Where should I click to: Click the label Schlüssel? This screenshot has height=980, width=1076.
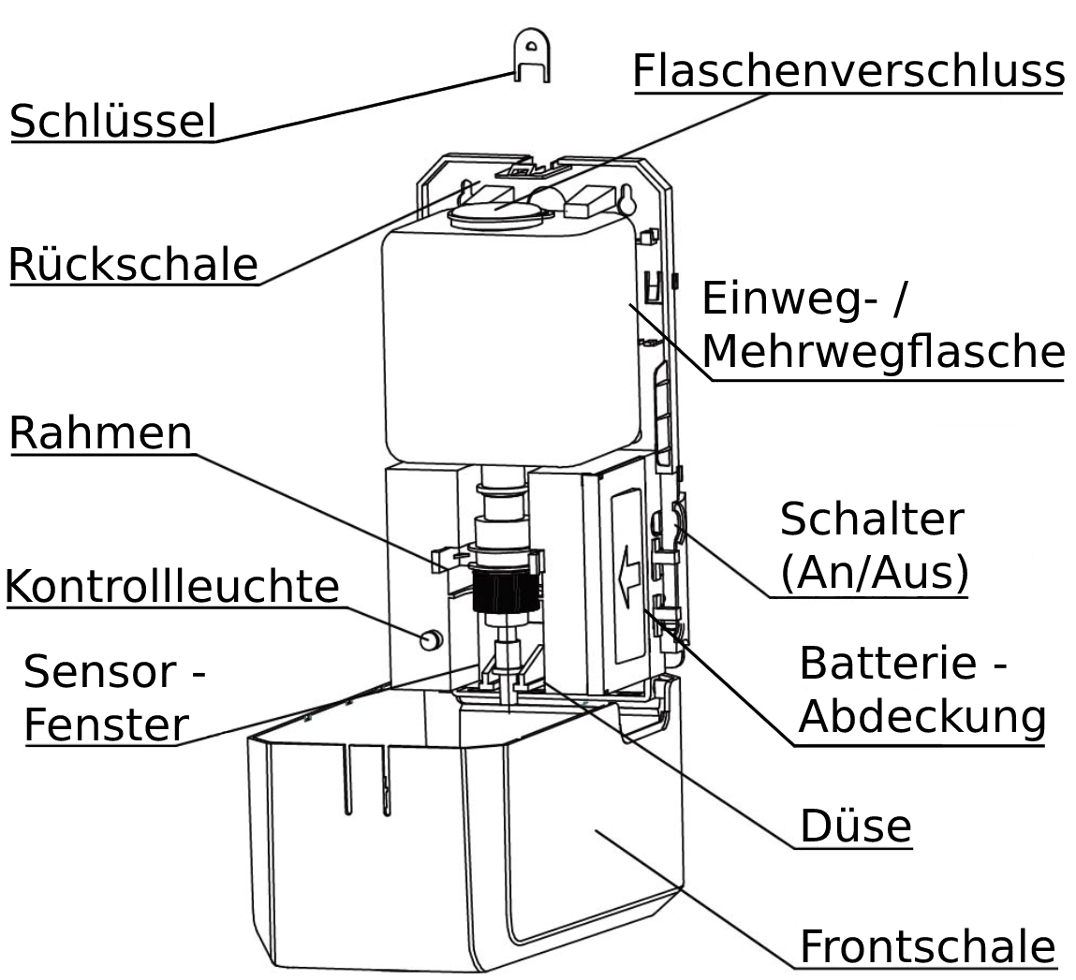coord(112,122)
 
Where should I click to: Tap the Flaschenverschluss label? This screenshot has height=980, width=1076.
coord(848,71)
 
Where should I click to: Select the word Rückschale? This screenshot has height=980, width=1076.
coord(133,264)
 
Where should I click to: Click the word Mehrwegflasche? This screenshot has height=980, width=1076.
coord(882,353)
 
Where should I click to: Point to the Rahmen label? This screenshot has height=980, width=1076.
coord(101,433)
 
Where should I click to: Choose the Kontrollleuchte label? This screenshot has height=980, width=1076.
coord(172,587)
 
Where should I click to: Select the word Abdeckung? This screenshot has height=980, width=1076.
coord(921,718)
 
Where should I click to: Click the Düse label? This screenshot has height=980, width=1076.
coord(855,826)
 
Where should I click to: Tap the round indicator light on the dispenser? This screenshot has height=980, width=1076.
coord(431,640)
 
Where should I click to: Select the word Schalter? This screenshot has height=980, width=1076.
coord(871,519)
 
